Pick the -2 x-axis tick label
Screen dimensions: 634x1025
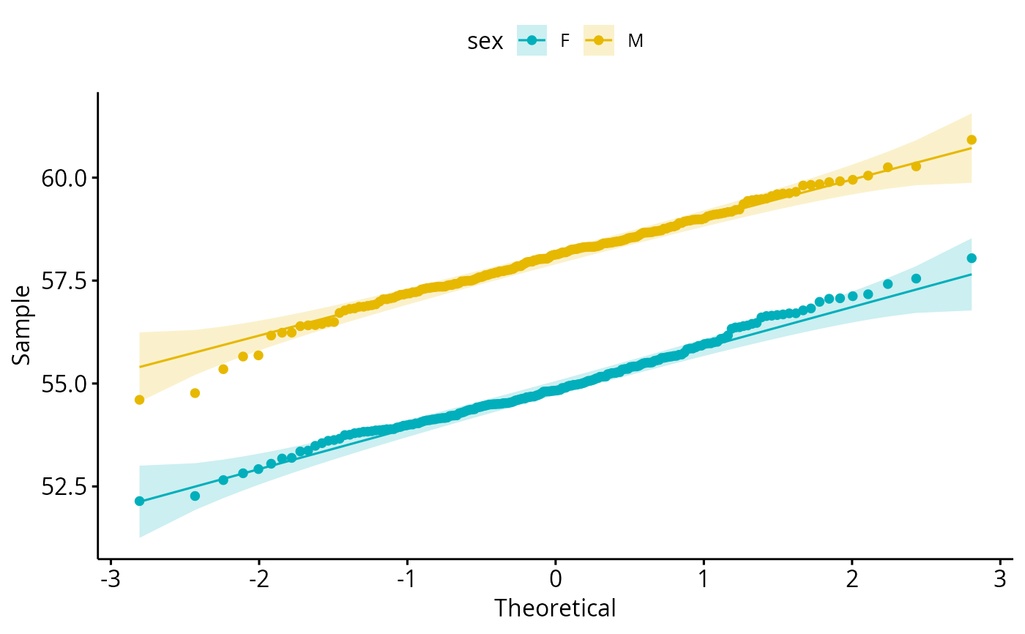[x=258, y=580]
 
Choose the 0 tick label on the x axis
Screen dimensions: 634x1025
[x=556, y=580]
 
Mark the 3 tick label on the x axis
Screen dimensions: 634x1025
[x=1001, y=580]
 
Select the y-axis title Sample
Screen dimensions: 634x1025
[x=21, y=324]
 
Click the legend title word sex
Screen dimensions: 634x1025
[x=485, y=42]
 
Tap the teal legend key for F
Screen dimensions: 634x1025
[x=532, y=41]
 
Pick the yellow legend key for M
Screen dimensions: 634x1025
[x=599, y=41]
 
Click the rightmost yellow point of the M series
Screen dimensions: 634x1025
[x=972, y=140]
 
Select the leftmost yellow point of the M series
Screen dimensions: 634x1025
[x=140, y=400]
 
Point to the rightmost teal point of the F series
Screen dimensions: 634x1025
[x=972, y=258]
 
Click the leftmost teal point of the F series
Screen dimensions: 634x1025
[x=140, y=501]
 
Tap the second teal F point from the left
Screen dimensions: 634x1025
[x=195, y=496]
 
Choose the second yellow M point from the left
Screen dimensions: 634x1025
[x=195, y=393]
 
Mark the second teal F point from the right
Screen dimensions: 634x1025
[x=916, y=278]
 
